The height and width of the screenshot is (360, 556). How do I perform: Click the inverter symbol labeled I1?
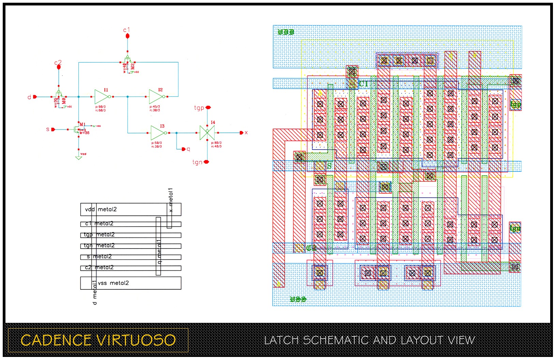point(101,97)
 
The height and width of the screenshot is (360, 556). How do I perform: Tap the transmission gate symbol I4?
point(207,133)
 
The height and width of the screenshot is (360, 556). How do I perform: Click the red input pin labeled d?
point(34,97)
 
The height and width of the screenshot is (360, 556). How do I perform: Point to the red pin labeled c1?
point(127,35)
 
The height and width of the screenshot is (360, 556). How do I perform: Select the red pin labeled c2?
point(59,67)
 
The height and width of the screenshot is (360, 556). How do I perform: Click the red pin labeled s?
point(53,130)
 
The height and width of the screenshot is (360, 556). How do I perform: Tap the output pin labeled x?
point(242,133)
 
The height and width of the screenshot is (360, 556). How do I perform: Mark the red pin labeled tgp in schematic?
point(208,107)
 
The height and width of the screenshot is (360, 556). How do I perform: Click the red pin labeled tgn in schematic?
point(206,162)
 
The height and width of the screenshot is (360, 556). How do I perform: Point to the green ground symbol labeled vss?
point(79,157)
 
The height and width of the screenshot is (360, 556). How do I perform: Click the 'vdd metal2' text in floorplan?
point(101,209)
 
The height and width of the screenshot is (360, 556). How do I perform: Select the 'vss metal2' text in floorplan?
point(113,283)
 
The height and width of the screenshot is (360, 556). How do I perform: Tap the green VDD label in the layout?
point(286,32)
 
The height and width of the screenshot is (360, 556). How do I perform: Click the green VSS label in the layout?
point(298,299)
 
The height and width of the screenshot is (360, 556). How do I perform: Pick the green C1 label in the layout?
point(363,84)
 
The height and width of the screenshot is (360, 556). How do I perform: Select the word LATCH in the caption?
point(282,340)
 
